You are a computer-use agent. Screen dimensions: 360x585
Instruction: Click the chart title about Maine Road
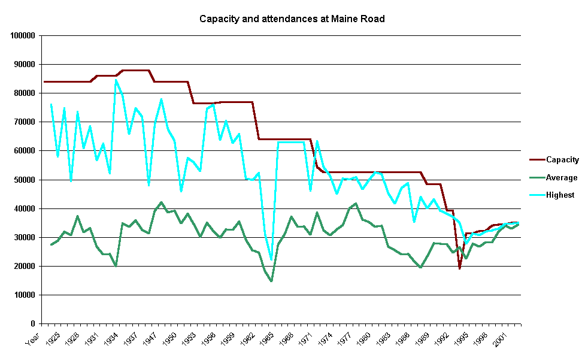point(292,19)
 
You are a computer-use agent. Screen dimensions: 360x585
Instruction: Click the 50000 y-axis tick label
point(25,180)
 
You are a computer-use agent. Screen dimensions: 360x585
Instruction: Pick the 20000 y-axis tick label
point(25,267)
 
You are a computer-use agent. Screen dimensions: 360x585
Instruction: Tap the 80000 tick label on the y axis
point(25,93)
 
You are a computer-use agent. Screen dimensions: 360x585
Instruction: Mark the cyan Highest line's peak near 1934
point(116,80)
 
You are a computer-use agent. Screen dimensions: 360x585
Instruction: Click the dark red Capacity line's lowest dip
point(460,268)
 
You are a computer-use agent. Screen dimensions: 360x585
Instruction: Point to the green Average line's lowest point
point(271,281)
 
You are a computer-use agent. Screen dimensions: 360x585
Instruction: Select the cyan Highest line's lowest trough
point(271,260)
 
